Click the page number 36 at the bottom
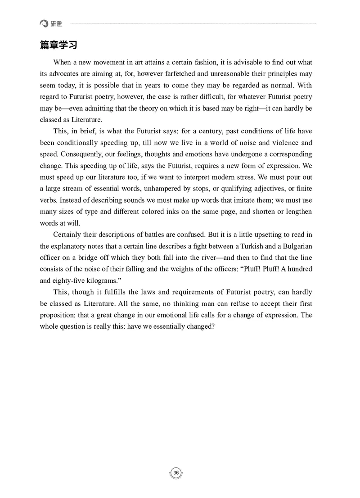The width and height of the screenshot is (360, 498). click(x=176, y=472)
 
